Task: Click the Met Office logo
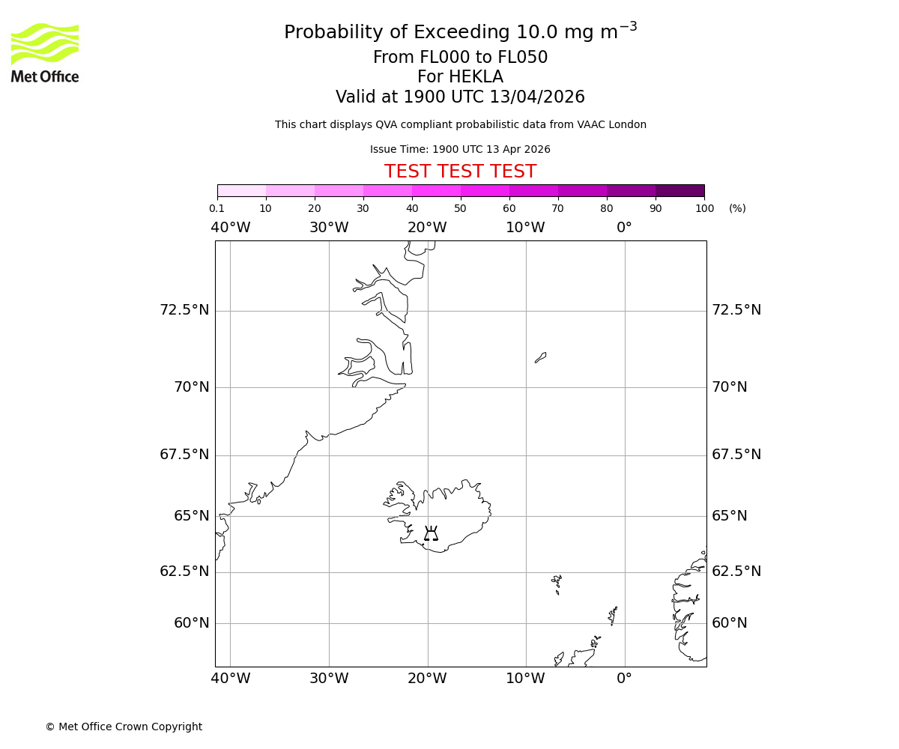(45, 52)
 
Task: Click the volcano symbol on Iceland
(431, 533)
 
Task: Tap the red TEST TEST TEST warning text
(460, 172)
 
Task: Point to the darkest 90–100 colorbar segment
(679, 190)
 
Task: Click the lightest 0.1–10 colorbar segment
(241, 190)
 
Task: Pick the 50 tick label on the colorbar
(460, 208)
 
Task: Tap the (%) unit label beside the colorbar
(737, 208)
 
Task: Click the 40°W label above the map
(230, 228)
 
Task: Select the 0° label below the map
(624, 679)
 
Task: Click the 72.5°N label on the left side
(184, 310)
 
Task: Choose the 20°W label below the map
(427, 679)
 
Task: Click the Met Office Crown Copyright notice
(124, 727)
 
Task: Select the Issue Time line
(460, 149)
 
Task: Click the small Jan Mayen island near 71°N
(540, 357)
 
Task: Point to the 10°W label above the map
(525, 228)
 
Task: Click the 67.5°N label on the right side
(736, 455)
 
